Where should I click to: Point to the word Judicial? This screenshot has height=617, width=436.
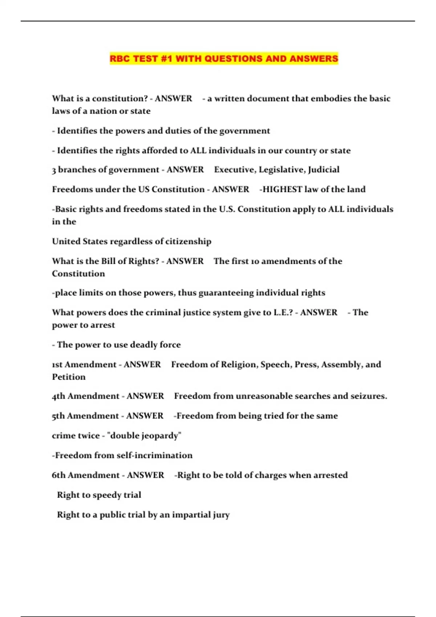tap(323, 169)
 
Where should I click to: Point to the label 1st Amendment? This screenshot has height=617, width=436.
tap(84, 364)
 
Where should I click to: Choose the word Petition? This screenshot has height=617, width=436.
tap(69, 377)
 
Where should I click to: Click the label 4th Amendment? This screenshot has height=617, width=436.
tap(85, 396)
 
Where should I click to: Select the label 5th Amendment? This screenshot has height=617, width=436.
tap(85, 416)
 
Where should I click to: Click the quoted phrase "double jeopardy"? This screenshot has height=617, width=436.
tap(144, 436)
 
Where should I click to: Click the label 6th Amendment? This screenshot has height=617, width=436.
tap(86, 475)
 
